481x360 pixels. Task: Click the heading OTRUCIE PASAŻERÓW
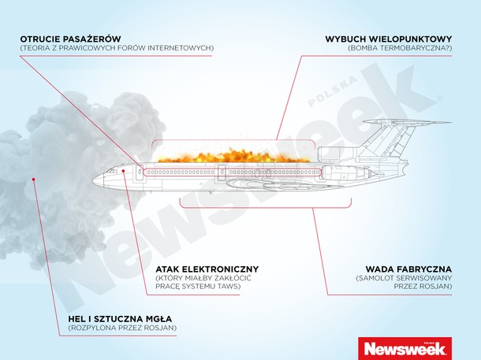(x=70, y=39)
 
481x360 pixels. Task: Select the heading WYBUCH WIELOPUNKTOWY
(x=389, y=39)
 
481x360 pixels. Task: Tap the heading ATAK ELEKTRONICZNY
(x=207, y=269)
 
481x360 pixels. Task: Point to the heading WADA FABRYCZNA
(x=408, y=269)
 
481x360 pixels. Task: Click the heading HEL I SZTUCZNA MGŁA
(x=120, y=319)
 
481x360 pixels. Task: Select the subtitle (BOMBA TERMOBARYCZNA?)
(x=400, y=48)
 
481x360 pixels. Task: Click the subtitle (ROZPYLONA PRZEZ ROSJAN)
(x=122, y=328)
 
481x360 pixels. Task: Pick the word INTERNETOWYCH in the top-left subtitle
(x=180, y=48)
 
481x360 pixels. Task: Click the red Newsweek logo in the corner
(x=405, y=348)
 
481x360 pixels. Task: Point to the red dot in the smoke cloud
(x=33, y=180)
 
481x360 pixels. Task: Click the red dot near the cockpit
(x=123, y=171)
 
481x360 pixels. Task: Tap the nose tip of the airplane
(x=93, y=180)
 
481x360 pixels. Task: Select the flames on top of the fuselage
(x=233, y=156)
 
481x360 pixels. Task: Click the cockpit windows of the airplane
(x=113, y=170)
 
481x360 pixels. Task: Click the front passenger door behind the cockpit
(x=140, y=174)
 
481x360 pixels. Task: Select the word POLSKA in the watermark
(x=333, y=91)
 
